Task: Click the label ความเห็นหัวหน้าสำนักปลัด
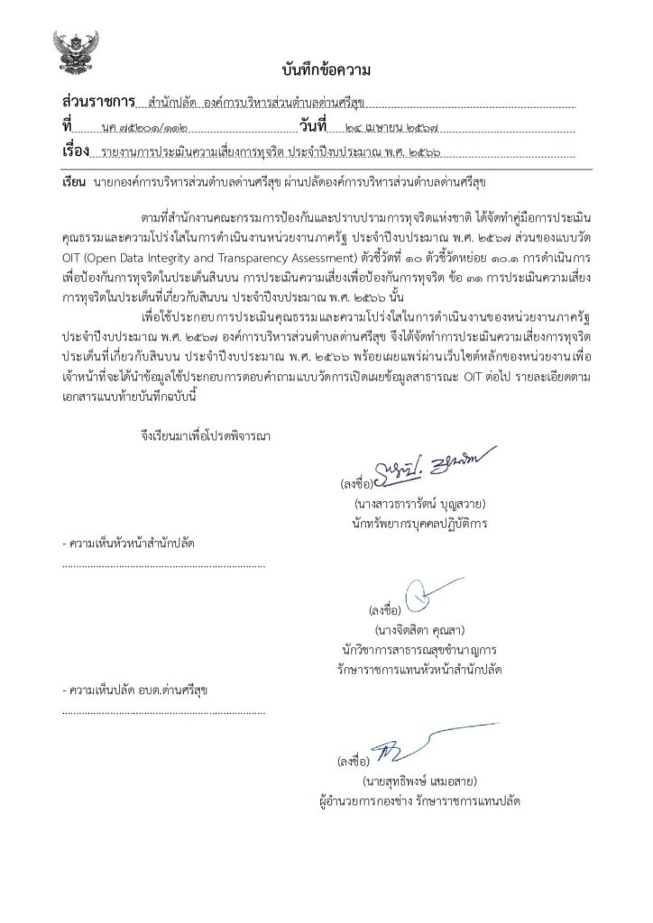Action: coord(132,545)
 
